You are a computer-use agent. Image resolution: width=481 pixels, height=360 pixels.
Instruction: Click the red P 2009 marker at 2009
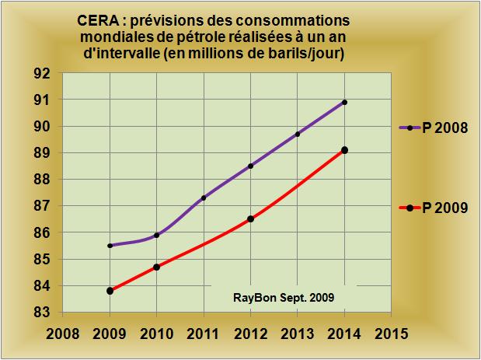110,291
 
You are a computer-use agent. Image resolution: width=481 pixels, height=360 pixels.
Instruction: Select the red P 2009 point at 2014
344,150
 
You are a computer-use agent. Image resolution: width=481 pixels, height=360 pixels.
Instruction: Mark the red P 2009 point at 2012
250,219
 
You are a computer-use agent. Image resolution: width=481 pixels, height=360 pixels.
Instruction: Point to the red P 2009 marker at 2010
157,267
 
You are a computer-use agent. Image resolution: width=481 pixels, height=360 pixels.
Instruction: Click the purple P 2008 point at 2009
110,246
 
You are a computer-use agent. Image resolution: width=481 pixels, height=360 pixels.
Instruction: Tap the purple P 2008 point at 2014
344,102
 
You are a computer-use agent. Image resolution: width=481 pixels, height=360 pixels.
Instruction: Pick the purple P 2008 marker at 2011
204,197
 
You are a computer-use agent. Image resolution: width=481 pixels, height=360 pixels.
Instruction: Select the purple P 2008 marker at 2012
250,166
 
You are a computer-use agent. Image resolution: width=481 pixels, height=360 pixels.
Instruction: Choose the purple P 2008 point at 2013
298,134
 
